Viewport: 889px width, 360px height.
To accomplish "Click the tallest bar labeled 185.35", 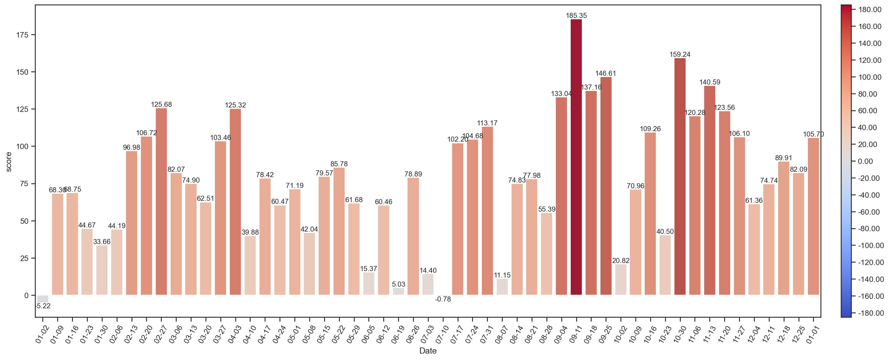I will coord(576,157).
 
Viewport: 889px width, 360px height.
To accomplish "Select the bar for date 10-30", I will coord(680,176).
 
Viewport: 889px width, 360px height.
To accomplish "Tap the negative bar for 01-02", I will coord(43,298).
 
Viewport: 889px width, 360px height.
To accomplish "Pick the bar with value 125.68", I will coord(161,201).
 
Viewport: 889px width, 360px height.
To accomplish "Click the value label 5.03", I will coord(398,284).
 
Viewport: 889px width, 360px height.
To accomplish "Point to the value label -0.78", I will coord(443,299).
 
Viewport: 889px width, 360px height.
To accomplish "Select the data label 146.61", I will coord(606,73).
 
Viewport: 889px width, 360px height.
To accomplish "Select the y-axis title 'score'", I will coord(9,162).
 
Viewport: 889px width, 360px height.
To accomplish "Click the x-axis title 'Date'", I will coord(427,351).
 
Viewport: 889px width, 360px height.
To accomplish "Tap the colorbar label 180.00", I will coord(870,10).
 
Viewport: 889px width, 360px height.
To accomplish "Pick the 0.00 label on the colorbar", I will coord(865,162).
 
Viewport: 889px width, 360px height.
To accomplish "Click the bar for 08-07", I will coord(502,287).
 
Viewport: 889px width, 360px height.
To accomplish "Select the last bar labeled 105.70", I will coord(813,216).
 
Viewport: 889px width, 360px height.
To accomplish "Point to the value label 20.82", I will coord(620,261).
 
